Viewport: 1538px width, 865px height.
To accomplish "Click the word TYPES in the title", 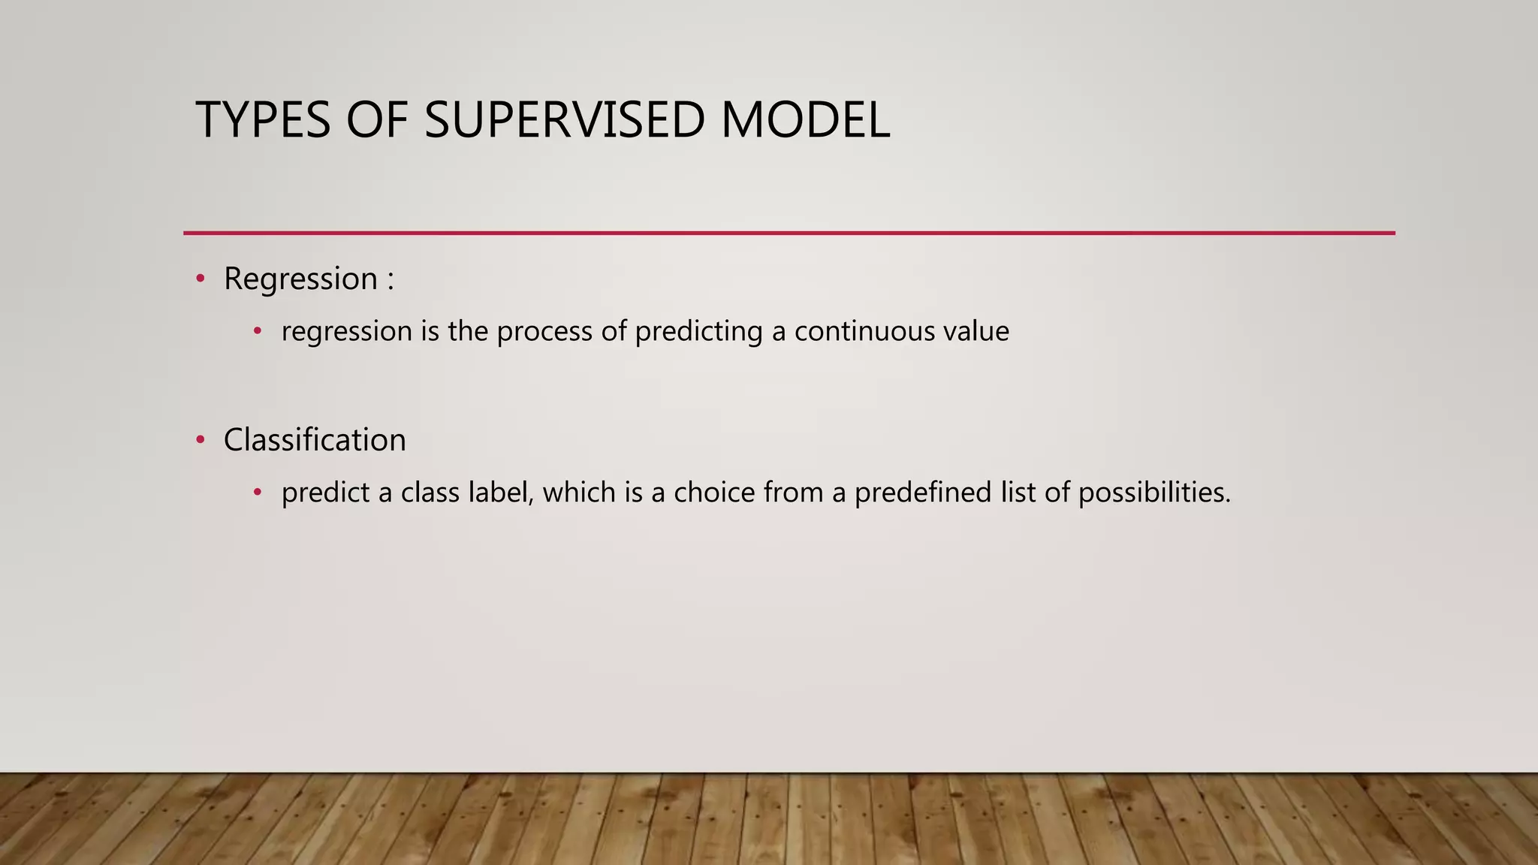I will click(263, 120).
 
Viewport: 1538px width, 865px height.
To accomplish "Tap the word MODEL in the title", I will click(805, 120).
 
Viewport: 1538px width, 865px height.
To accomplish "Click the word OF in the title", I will click(376, 120).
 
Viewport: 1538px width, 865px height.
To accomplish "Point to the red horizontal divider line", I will click(789, 233).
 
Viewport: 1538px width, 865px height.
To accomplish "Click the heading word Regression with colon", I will click(308, 279).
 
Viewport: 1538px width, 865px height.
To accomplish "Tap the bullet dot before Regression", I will click(200, 279).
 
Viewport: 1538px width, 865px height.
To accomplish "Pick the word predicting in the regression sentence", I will click(698, 331).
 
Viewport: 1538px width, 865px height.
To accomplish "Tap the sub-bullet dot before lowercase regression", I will click(258, 331).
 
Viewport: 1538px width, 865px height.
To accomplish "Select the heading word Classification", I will click(314, 440).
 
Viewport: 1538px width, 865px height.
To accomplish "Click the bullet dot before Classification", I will click(200, 440).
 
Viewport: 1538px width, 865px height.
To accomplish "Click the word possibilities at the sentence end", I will click(1153, 493).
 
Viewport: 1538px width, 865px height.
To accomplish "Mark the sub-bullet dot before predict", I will click(258, 493).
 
